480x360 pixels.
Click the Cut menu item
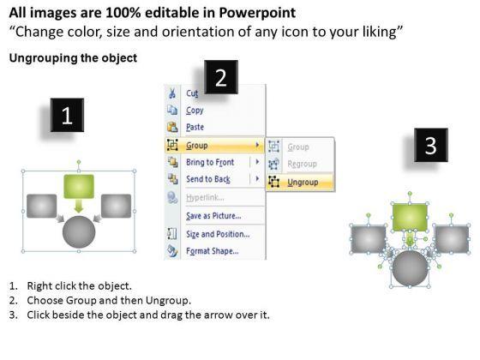click(x=192, y=93)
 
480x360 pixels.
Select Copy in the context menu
click(x=195, y=111)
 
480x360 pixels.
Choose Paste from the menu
click(x=195, y=127)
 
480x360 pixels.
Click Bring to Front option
click(x=210, y=162)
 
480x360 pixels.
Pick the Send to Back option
click(x=208, y=179)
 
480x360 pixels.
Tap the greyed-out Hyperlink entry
click(x=205, y=197)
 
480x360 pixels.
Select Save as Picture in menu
click(x=213, y=216)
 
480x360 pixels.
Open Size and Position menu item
click(x=218, y=234)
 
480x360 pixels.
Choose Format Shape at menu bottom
click(x=213, y=251)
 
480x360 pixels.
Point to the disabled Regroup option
click(x=302, y=164)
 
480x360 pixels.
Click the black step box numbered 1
click(x=67, y=115)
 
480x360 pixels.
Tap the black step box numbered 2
click(x=221, y=77)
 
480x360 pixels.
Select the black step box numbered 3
click(x=430, y=145)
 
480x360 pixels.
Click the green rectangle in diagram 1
click(x=79, y=187)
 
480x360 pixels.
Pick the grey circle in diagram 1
click(x=79, y=232)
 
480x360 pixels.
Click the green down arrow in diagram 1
click(x=79, y=206)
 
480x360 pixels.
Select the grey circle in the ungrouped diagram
click(x=411, y=268)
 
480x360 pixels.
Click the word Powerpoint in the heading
click(x=257, y=13)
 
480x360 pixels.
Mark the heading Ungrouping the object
click(x=73, y=58)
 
